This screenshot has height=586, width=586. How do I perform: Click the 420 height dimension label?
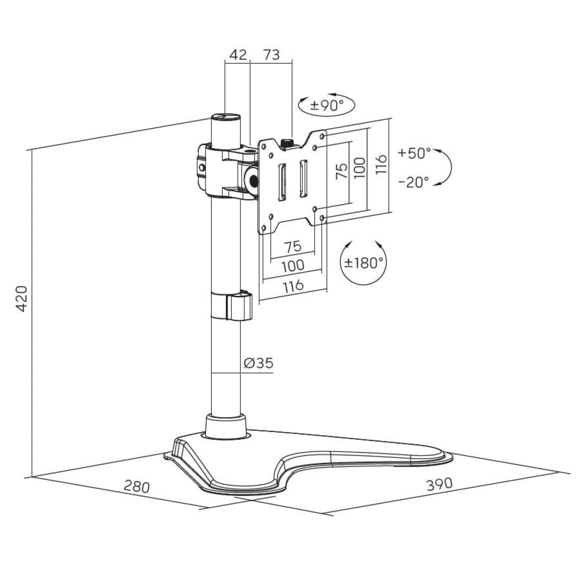tap(22, 298)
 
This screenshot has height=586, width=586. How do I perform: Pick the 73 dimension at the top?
tap(271, 55)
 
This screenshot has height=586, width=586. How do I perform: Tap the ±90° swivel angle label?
tap(326, 105)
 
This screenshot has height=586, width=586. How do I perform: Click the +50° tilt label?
tap(414, 153)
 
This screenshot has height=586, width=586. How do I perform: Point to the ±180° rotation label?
tap(363, 263)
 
